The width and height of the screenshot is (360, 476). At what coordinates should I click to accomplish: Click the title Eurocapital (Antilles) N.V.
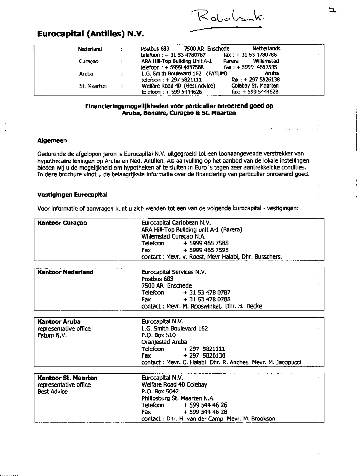point(90,34)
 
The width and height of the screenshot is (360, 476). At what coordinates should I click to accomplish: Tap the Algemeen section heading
point(52,140)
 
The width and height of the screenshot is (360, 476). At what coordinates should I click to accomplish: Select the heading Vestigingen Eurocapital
point(72,195)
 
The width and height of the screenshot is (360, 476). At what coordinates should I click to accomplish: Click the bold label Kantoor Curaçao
point(62,223)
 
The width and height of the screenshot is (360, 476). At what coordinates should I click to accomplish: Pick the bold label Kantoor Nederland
point(65,272)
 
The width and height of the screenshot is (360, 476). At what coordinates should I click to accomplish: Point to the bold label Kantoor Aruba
point(59,322)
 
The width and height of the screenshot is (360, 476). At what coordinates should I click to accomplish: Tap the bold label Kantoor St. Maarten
point(67,378)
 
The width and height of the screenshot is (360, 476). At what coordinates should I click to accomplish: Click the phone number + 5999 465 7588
point(206,243)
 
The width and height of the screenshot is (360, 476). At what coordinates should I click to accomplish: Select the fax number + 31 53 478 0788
point(207,299)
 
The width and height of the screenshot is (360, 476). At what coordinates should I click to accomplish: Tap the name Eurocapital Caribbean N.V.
point(176,223)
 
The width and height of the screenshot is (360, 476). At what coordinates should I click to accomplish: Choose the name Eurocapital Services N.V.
point(174,272)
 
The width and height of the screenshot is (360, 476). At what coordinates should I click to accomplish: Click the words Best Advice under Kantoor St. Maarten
point(52,392)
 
